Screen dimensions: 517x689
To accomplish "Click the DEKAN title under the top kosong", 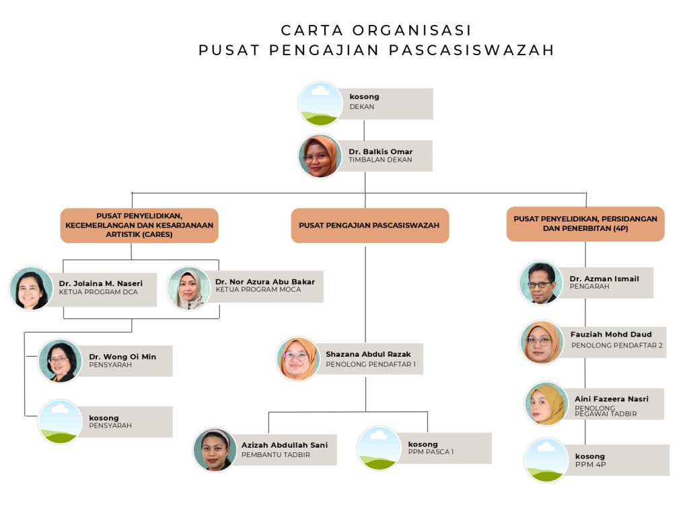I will [x=362, y=106].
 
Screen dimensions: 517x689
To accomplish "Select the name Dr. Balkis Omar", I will [x=380, y=151].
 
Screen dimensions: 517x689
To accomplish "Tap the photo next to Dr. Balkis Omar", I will [x=320, y=156].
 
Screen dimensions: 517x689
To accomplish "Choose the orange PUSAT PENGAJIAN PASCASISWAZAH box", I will [x=369, y=226].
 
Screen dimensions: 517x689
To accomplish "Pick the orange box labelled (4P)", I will [x=585, y=223].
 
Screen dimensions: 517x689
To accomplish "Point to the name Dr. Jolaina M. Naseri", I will [x=100, y=283].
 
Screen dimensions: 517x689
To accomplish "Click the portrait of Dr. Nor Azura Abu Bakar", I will [x=189, y=288].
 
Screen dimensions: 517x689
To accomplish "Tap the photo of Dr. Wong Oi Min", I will [x=60, y=361].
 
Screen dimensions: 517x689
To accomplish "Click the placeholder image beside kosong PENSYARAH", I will [x=60, y=421].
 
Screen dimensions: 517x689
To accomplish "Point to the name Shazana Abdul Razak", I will [x=368, y=354].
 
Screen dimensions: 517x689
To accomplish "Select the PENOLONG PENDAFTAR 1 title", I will [x=371, y=364].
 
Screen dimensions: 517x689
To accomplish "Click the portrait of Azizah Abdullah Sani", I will [x=215, y=449].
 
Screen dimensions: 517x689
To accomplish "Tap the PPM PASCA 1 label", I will [x=431, y=452].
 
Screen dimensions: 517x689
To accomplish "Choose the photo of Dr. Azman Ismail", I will [x=541, y=283].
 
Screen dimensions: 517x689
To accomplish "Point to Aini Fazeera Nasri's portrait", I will [x=546, y=404].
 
